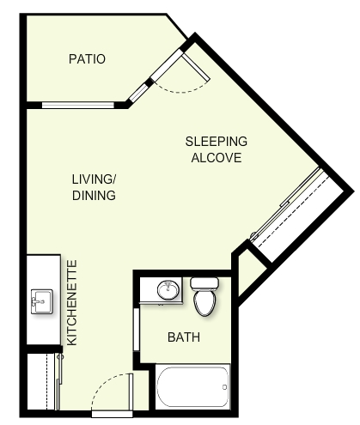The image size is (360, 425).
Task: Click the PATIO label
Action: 87,59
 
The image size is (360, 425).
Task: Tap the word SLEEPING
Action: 217,142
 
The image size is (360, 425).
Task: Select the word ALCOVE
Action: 217,158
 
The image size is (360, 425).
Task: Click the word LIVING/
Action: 94,179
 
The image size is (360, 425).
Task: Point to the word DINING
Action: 94,196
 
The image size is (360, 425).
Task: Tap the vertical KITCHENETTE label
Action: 72,302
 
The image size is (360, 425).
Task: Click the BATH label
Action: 184,337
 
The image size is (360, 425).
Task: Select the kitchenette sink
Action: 42,301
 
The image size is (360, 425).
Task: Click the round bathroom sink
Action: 168,289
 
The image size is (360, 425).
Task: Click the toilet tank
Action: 204,283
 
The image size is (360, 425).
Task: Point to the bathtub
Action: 192,386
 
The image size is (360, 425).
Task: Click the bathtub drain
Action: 224,387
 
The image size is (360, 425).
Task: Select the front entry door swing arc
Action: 106,385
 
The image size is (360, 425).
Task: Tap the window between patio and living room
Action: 78,105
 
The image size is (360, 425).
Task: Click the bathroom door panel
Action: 137,329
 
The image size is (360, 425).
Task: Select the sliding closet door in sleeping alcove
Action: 286,203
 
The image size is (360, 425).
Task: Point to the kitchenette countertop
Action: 44,300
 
